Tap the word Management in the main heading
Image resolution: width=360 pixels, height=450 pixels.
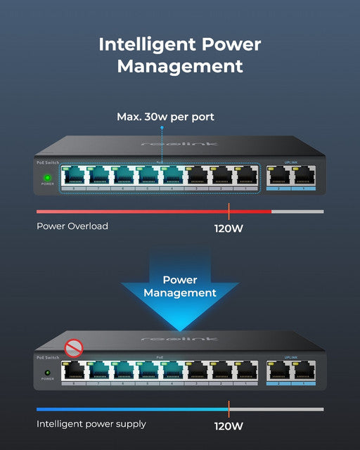click(180, 67)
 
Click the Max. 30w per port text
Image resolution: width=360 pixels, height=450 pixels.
click(165, 117)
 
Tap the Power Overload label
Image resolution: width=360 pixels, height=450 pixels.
click(72, 226)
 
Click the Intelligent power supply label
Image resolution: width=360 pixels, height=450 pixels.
click(91, 424)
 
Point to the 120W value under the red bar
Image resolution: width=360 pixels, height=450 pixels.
click(229, 228)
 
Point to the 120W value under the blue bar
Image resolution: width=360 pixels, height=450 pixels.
click(229, 425)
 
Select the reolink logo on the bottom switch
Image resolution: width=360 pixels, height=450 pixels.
click(179, 339)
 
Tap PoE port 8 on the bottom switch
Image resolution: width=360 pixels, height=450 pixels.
click(74, 371)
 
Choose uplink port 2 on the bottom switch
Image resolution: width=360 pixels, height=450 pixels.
click(279, 371)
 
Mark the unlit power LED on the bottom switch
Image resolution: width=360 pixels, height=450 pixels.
click(47, 372)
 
